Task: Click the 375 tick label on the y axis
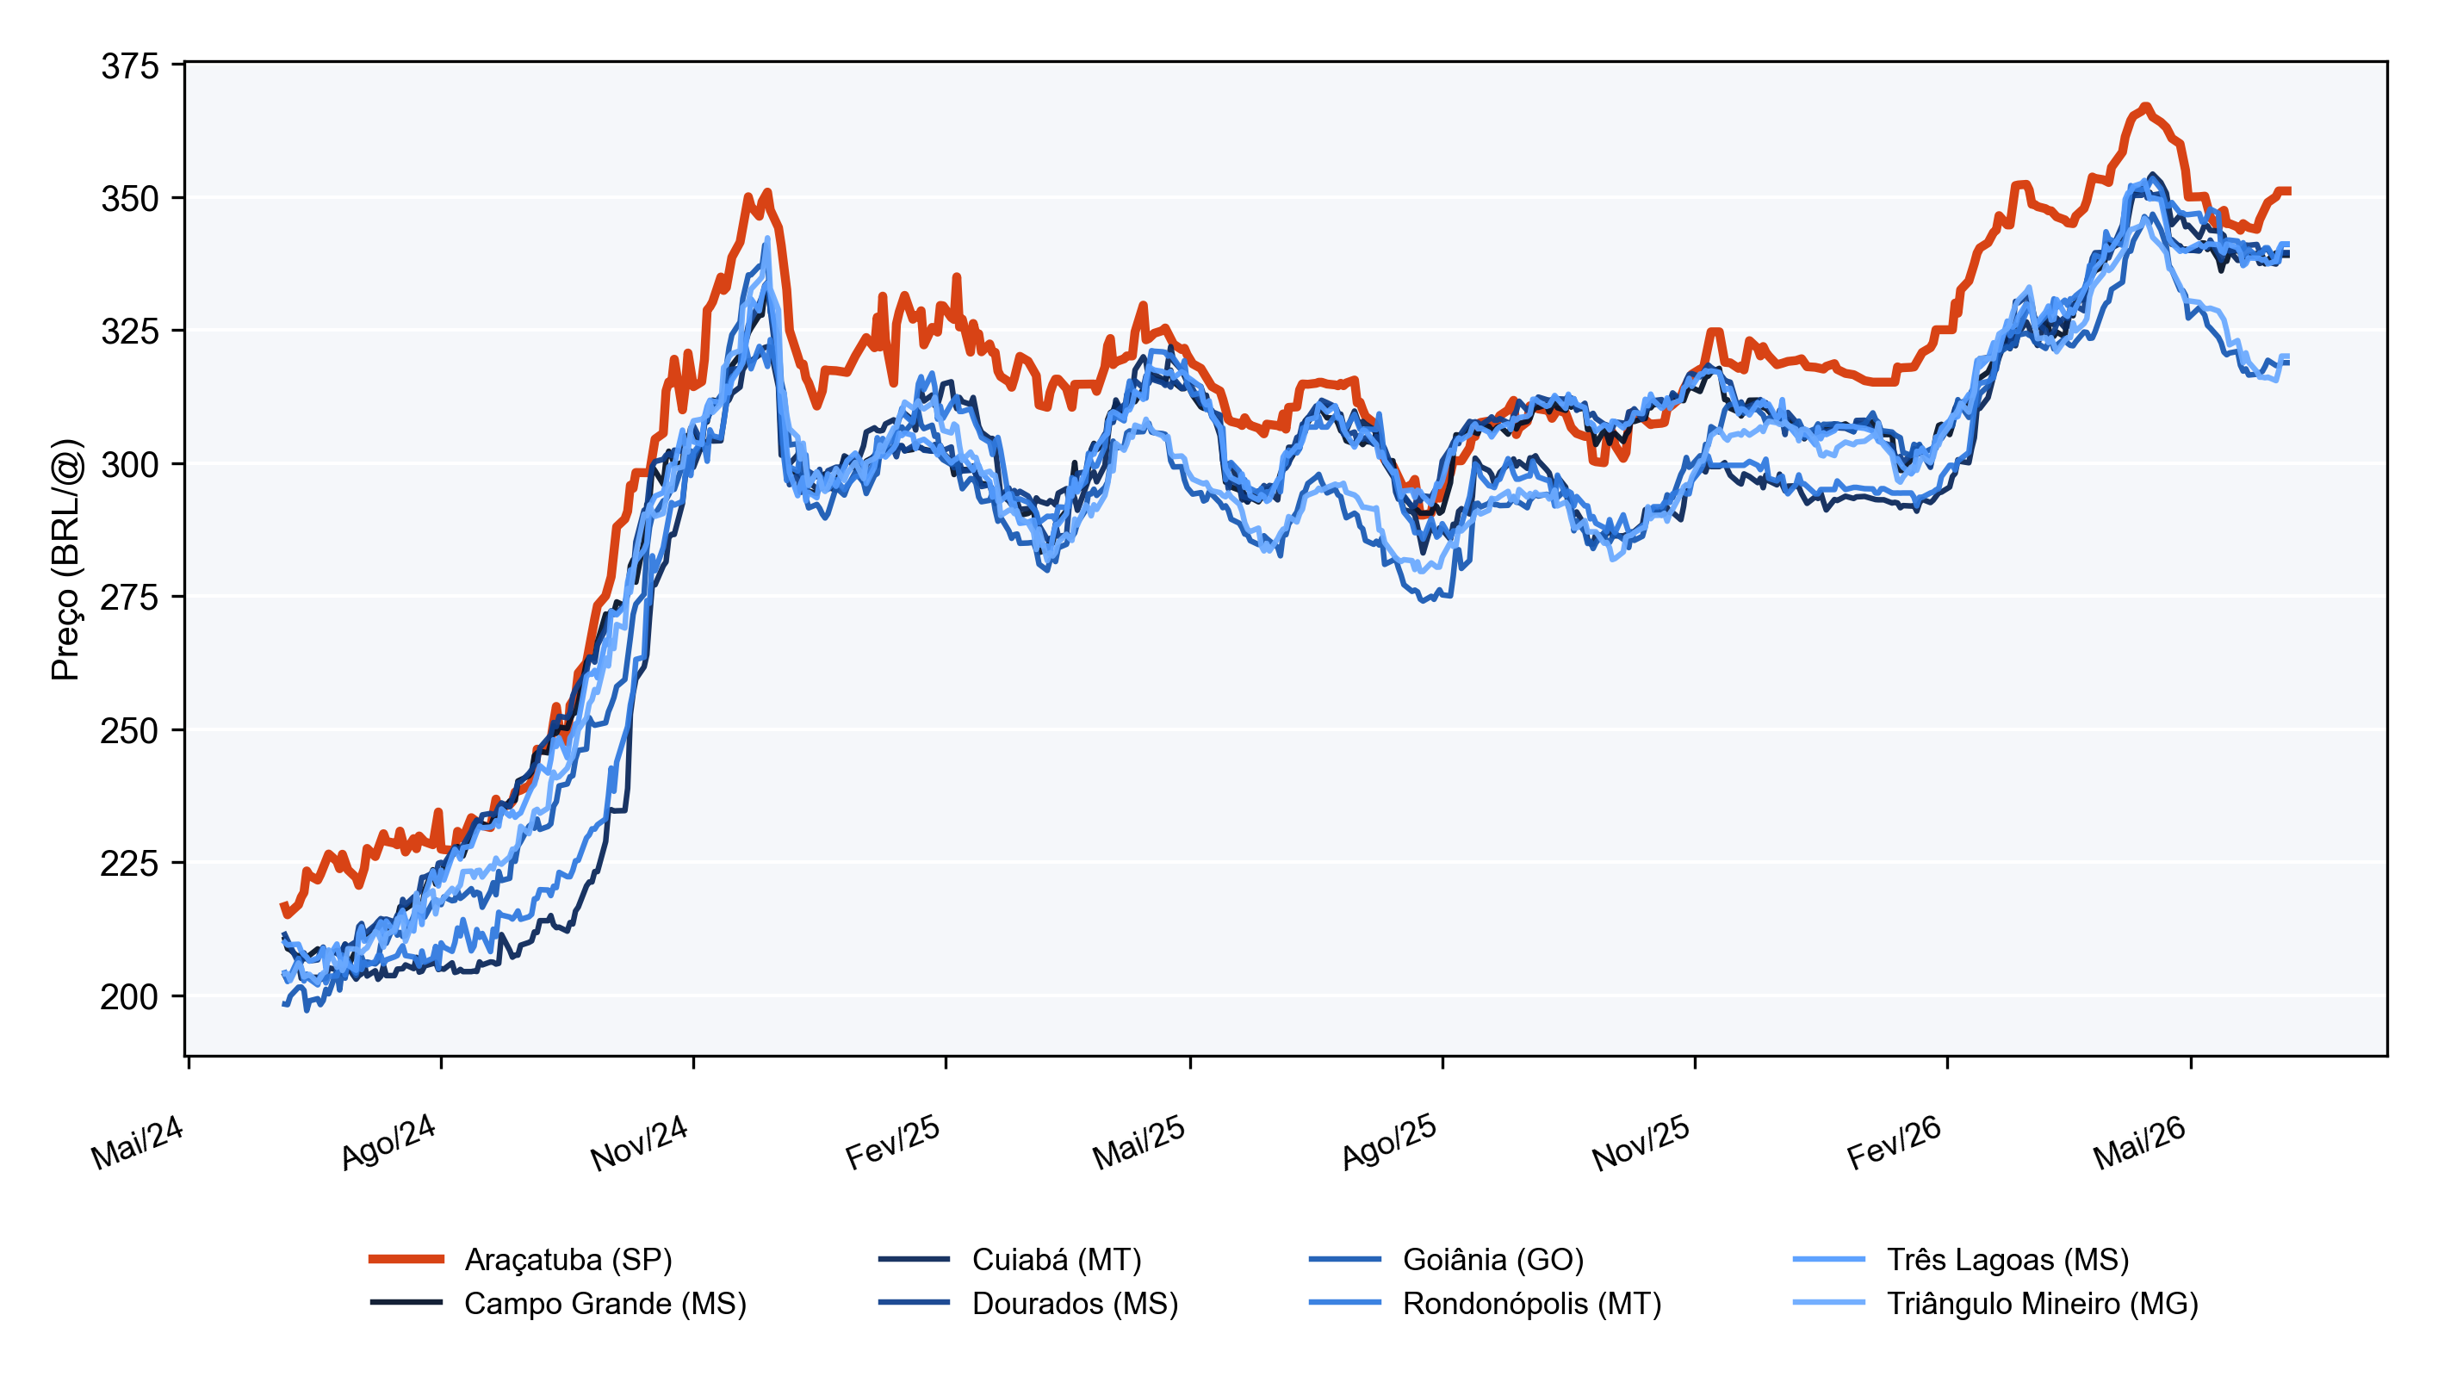pyautogui.click(x=130, y=66)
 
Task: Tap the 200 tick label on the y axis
pyautogui.click(x=130, y=996)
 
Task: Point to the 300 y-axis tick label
pyautogui.click(x=130, y=464)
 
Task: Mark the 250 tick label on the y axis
pyautogui.click(x=130, y=730)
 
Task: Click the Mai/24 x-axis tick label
pyautogui.click(x=137, y=1142)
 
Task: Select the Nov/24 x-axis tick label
pyautogui.click(x=639, y=1142)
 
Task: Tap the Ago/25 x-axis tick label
pyautogui.click(x=1388, y=1142)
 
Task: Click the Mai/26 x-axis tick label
pyautogui.click(x=2139, y=1142)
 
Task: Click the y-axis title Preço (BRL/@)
pyautogui.click(x=66, y=560)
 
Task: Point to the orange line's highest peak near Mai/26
pyautogui.click(x=2145, y=107)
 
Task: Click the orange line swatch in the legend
pyautogui.click(x=406, y=1260)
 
